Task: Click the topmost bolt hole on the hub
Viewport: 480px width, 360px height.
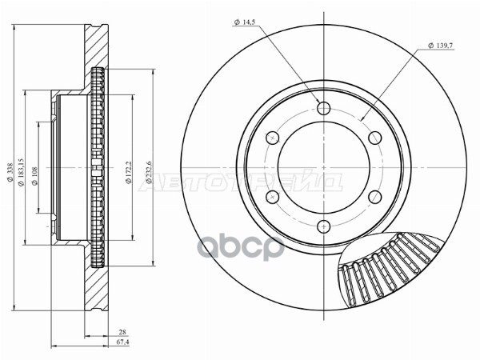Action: click(322, 109)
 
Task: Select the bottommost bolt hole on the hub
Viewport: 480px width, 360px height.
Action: click(322, 225)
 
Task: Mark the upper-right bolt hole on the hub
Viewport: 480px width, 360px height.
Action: click(373, 138)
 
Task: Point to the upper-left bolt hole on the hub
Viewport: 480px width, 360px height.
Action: click(272, 138)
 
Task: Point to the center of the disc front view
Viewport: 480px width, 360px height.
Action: click(322, 167)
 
